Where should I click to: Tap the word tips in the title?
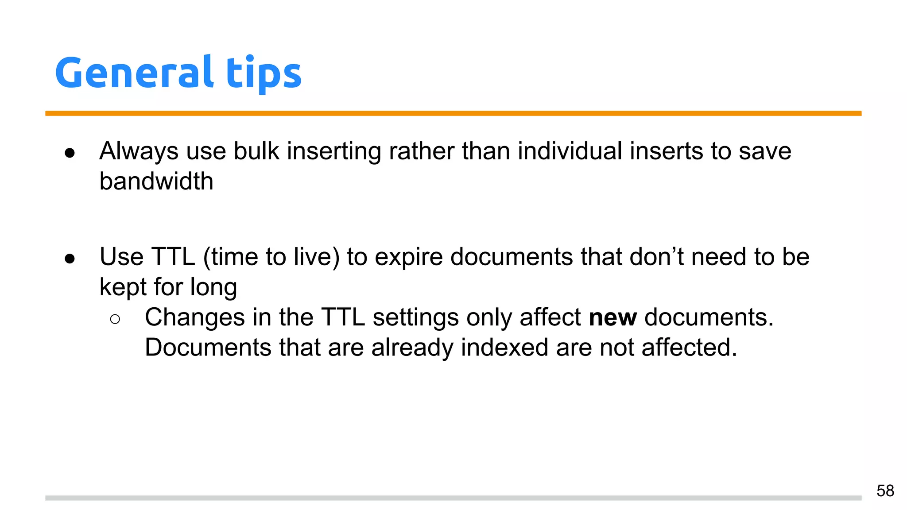click(x=264, y=73)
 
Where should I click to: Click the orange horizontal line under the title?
click(x=453, y=113)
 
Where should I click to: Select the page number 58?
click(x=885, y=491)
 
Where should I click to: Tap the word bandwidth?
click(x=156, y=182)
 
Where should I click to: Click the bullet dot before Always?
click(x=70, y=153)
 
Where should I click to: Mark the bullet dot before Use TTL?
click(x=70, y=259)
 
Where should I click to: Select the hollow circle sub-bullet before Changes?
click(x=115, y=319)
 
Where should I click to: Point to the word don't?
click(x=656, y=257)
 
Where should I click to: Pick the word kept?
click(x=123, y=287)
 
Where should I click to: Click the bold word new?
click(x=612, y=318)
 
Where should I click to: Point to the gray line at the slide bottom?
click(x=453, y=498)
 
